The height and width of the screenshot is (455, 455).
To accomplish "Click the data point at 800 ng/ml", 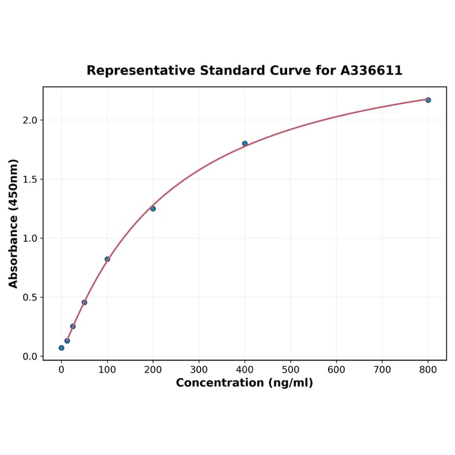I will point(428,100).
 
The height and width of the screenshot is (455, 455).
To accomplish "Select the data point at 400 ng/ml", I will point(245,144).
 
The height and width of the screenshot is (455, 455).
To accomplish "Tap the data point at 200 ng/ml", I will point(153,208).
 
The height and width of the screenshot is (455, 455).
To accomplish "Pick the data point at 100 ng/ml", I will point(107,259).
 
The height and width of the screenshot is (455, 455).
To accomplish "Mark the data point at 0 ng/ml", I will point(61,348).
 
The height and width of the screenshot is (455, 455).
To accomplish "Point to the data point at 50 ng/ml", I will point(85,303).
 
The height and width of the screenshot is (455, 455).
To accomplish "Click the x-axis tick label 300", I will point(199,370).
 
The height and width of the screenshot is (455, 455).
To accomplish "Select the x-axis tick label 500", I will point(291,370).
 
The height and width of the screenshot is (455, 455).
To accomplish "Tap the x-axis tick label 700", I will point(382,370).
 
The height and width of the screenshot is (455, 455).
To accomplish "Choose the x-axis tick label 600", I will point(336,370).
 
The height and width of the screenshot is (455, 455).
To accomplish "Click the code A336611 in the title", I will point(372,71).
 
